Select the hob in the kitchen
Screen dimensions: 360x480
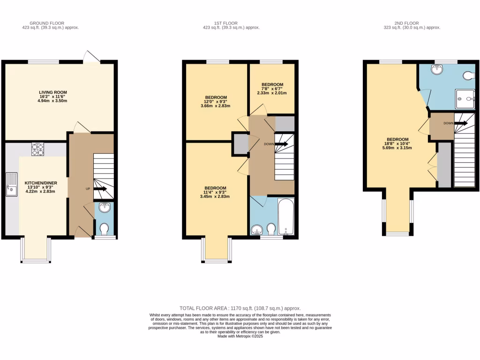tap(38, 149)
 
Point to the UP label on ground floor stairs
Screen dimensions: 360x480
tap(88, 189)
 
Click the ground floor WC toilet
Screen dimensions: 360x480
tap(105, 229)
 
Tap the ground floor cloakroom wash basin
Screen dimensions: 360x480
tap(105, 208)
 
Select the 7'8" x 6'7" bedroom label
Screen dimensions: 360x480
tap(272, 89)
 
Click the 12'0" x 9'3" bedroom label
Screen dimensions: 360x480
tap(216, 102)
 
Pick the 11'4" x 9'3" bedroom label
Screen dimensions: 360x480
tap(216, 192)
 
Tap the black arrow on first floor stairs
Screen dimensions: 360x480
tap(282, 144)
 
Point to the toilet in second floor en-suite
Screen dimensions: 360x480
tap(469, 75)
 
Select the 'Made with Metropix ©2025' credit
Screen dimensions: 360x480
tap(240, 336)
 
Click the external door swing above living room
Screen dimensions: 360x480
tap(91, 56)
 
